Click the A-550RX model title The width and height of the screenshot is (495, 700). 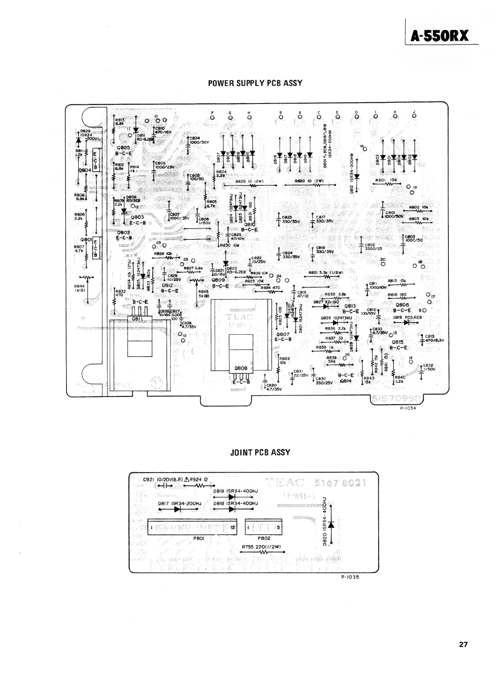(x=440, y=37)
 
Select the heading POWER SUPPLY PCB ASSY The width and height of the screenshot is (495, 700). (x=255, y=83)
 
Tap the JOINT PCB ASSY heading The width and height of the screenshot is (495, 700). (x=260, y=452)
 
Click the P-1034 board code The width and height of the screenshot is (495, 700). (x=408, y=408)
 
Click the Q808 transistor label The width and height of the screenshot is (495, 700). (x=241, y=368)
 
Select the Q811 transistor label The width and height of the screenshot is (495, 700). (x=138, y=319)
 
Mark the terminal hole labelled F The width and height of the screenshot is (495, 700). (x=213, y=117)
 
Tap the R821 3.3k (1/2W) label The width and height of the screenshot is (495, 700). (x=326, y=273)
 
